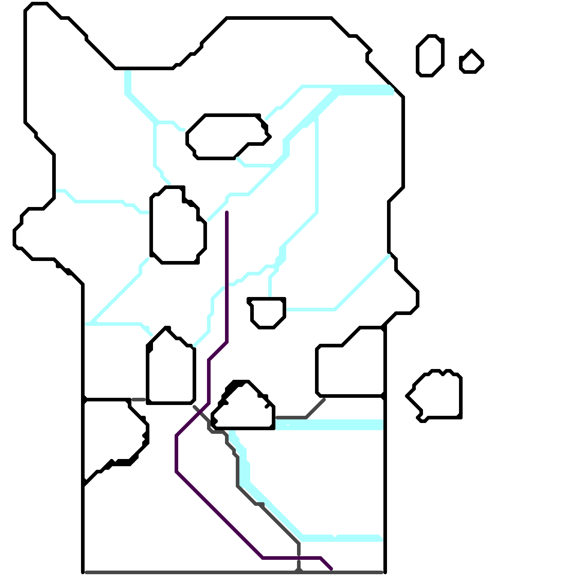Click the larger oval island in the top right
pyautogui.click(x=430, y=56)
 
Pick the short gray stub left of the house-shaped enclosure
pyautogui.click(x=139, y=400)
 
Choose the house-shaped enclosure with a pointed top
pyautogui.click(x=171, y=371)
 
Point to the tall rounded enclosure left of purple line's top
pyautogui.click(x=176, y=227)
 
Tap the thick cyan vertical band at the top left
pyautogui.click(x=128, y=83)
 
